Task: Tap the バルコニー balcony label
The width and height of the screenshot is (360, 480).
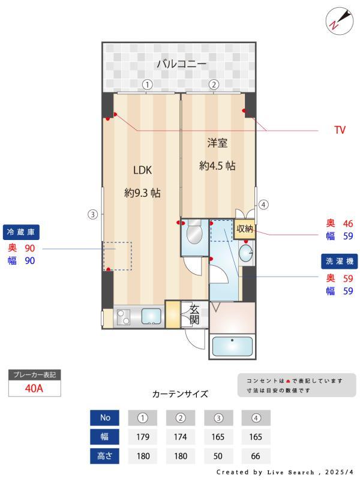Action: [182, 63]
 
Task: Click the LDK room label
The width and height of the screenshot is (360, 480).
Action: [142, 170]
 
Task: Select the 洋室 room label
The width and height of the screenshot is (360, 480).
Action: [217, 143]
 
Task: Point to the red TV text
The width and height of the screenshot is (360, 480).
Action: [340, 130]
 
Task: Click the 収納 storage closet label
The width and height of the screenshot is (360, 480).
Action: [244, 229]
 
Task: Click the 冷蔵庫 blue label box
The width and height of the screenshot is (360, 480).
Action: [22, 232]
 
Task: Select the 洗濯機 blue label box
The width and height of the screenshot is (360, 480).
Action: [339, 262]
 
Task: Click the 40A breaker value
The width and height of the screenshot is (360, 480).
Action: [34, 388]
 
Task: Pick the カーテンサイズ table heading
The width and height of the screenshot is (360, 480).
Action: [180, 394]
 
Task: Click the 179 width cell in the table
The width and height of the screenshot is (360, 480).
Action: [143, 437]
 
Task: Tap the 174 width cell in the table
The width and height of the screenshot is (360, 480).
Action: [181, 437]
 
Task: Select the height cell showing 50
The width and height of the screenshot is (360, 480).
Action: [218, 456]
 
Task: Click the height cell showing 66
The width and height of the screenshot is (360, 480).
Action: [256, 456]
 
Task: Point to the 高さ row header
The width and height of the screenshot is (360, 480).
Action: [105, 456]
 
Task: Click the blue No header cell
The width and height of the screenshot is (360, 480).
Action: [105, 418]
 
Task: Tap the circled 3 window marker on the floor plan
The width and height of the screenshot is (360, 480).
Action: [92, 214]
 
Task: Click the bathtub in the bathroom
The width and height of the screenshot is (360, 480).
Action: [232, 347]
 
